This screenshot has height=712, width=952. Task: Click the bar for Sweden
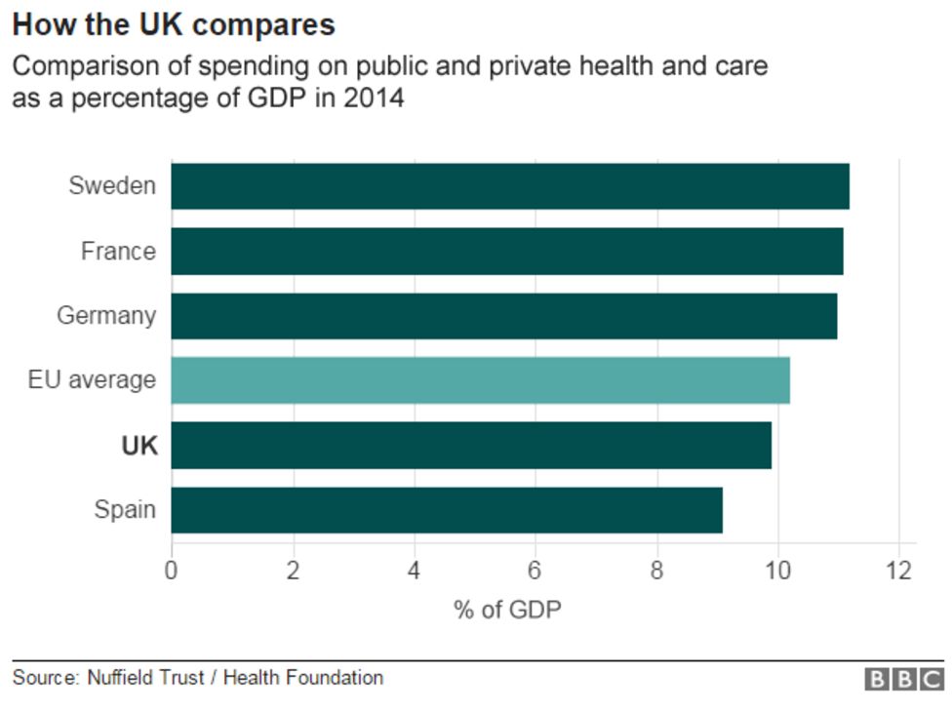point(510,186)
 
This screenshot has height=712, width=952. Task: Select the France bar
point(507,251)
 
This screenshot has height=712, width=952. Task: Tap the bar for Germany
point(504,316)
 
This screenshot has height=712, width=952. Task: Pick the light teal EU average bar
point(480,380)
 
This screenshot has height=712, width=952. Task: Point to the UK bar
point(471,446)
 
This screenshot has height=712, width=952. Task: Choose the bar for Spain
point(447,510)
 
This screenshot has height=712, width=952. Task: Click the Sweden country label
point(112,186)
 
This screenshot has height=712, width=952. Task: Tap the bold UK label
point(139,446)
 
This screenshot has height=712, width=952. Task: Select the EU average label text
point(92,380)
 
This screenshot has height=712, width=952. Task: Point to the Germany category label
point(106,316)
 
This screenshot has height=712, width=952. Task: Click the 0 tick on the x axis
point(172,570)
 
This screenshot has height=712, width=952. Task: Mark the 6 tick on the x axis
point(535,570)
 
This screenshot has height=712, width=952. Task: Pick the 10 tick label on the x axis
point(777,570)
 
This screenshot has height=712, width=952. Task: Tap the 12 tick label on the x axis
point(898,570)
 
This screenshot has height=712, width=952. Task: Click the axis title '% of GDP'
point(507,610)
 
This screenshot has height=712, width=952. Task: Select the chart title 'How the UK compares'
point(174,24)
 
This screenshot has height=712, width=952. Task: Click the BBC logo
point(904,680)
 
